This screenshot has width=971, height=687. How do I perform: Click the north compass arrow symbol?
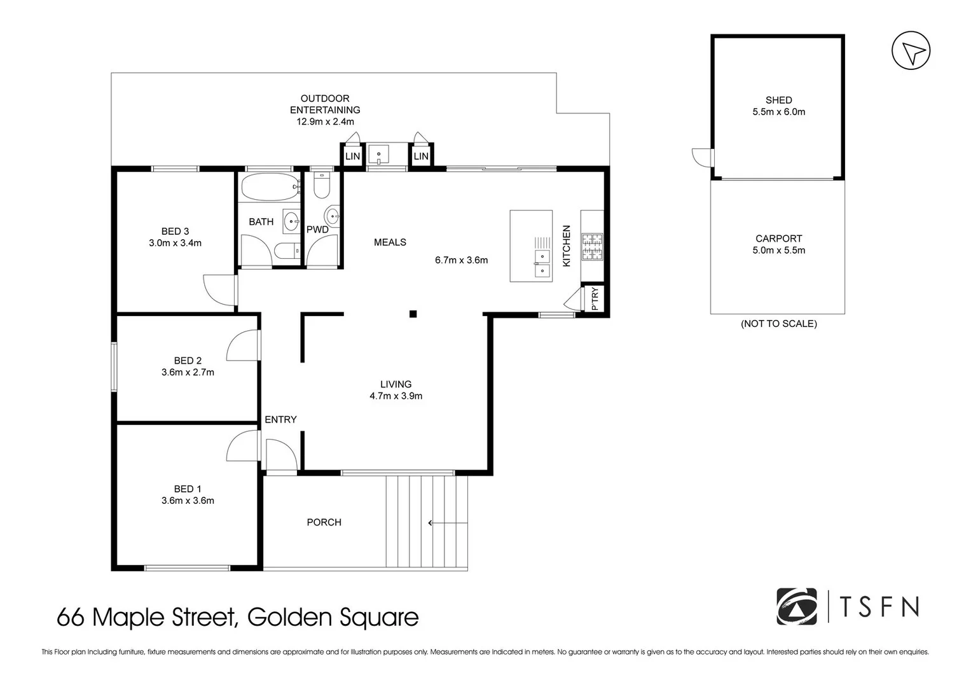911,52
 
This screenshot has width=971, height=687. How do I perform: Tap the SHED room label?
778,100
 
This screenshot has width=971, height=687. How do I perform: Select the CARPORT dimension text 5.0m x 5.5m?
778,250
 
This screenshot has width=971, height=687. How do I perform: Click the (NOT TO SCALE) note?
778,324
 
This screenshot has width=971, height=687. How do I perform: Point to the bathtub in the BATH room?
270,186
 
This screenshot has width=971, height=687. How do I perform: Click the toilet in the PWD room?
322,185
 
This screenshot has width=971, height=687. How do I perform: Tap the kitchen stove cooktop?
592,247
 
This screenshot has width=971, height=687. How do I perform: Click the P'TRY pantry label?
595,299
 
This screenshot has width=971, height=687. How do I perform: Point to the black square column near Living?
413,314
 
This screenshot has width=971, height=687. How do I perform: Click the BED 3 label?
175,232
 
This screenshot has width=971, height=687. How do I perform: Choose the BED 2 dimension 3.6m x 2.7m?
188,372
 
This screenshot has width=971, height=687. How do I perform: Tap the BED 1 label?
188,489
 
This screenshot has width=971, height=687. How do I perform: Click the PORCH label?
324,522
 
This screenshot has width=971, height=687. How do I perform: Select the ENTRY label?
280,419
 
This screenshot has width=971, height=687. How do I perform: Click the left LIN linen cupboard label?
352,156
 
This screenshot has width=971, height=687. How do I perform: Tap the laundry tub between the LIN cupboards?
380,155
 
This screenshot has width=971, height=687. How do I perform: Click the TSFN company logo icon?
796,607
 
